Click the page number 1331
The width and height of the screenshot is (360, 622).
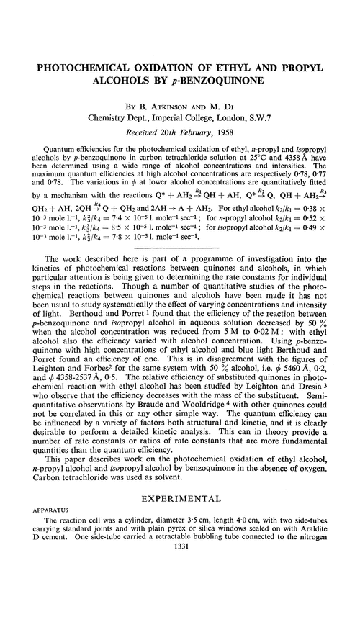[180, 605]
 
